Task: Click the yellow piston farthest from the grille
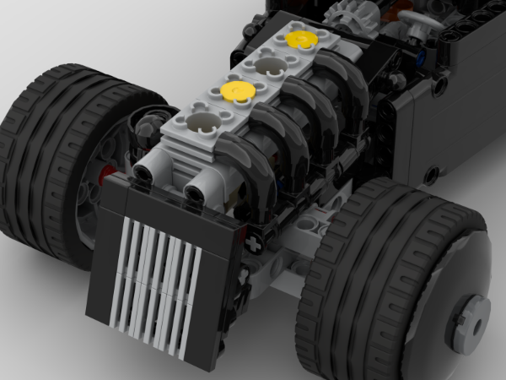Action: [300, 39]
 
